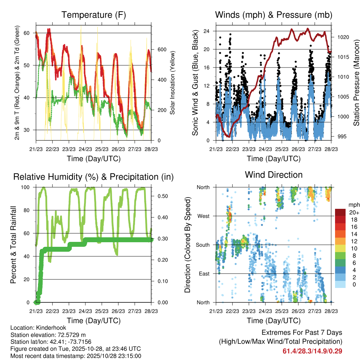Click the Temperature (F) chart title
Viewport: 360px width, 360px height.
(94, 15)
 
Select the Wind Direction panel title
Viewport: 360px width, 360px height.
(274, 175)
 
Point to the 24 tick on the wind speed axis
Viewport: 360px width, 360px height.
(207, 31)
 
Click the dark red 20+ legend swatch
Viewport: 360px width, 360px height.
(340, 212)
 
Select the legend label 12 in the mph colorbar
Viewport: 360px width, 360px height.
(353, 241)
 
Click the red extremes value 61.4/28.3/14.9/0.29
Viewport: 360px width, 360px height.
(313, 351)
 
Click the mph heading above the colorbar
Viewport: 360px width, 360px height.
(354, 205)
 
